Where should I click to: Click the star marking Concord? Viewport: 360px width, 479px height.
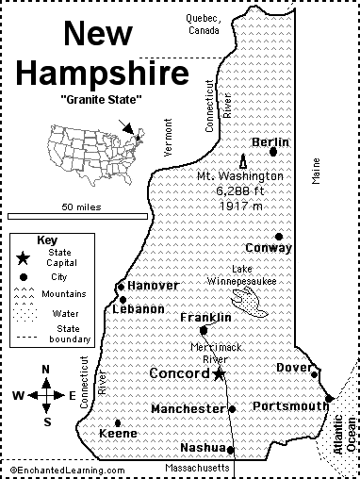tap(219, 374)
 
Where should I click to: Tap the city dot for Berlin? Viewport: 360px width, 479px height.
tap(273, 151)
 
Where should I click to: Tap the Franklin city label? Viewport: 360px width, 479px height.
tap(205, 318)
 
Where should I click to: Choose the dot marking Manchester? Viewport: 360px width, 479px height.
tap(232, 409)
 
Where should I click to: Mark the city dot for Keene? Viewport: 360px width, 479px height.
tap(118, 423)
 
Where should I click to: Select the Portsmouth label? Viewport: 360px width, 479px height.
tap(290, 405)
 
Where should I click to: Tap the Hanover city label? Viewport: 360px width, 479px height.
tap(153, 285)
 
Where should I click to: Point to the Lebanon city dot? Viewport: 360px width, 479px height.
tap(122, 299)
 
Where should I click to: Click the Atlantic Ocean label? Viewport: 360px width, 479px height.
tap(343, 435)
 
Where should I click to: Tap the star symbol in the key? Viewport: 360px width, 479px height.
tap(22, 257)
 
